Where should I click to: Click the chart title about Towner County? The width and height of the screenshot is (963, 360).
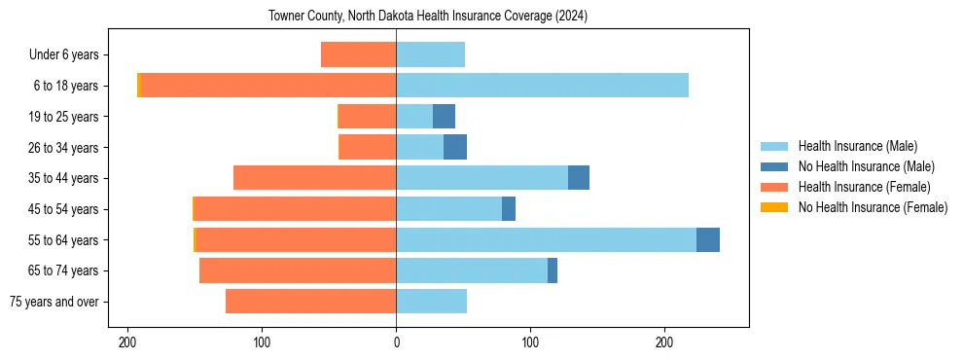428,17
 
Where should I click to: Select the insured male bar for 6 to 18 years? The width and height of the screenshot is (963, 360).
542,86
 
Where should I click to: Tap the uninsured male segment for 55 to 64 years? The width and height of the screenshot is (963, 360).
708,240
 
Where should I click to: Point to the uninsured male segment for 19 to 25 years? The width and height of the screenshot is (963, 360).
444,117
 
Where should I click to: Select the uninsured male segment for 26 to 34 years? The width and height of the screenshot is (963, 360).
455,147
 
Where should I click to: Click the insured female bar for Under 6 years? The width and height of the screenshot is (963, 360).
358,54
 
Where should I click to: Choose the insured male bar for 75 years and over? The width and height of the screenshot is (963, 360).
431,302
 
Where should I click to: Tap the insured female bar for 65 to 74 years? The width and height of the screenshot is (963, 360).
298,270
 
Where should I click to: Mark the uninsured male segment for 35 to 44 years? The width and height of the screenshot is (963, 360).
579,178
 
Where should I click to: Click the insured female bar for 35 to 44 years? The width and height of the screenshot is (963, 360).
314,178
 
